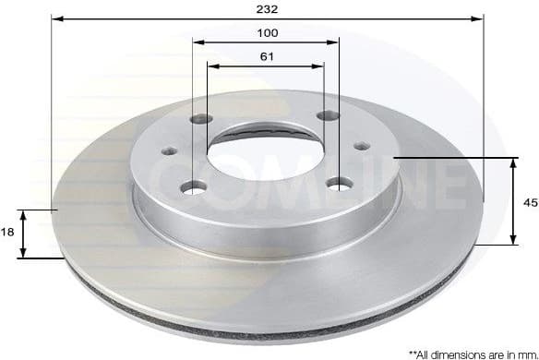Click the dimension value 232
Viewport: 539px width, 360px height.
267,9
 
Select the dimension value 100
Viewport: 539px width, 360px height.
267,32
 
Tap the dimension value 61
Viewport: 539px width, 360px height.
267,57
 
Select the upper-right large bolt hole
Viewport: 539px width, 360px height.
324,115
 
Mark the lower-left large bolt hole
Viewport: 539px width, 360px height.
194,186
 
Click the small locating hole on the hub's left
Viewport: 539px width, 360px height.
169,151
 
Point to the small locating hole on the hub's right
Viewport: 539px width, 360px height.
362,145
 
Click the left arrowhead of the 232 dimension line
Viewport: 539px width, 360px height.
55,18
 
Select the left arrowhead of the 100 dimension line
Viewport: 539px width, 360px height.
198,42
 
